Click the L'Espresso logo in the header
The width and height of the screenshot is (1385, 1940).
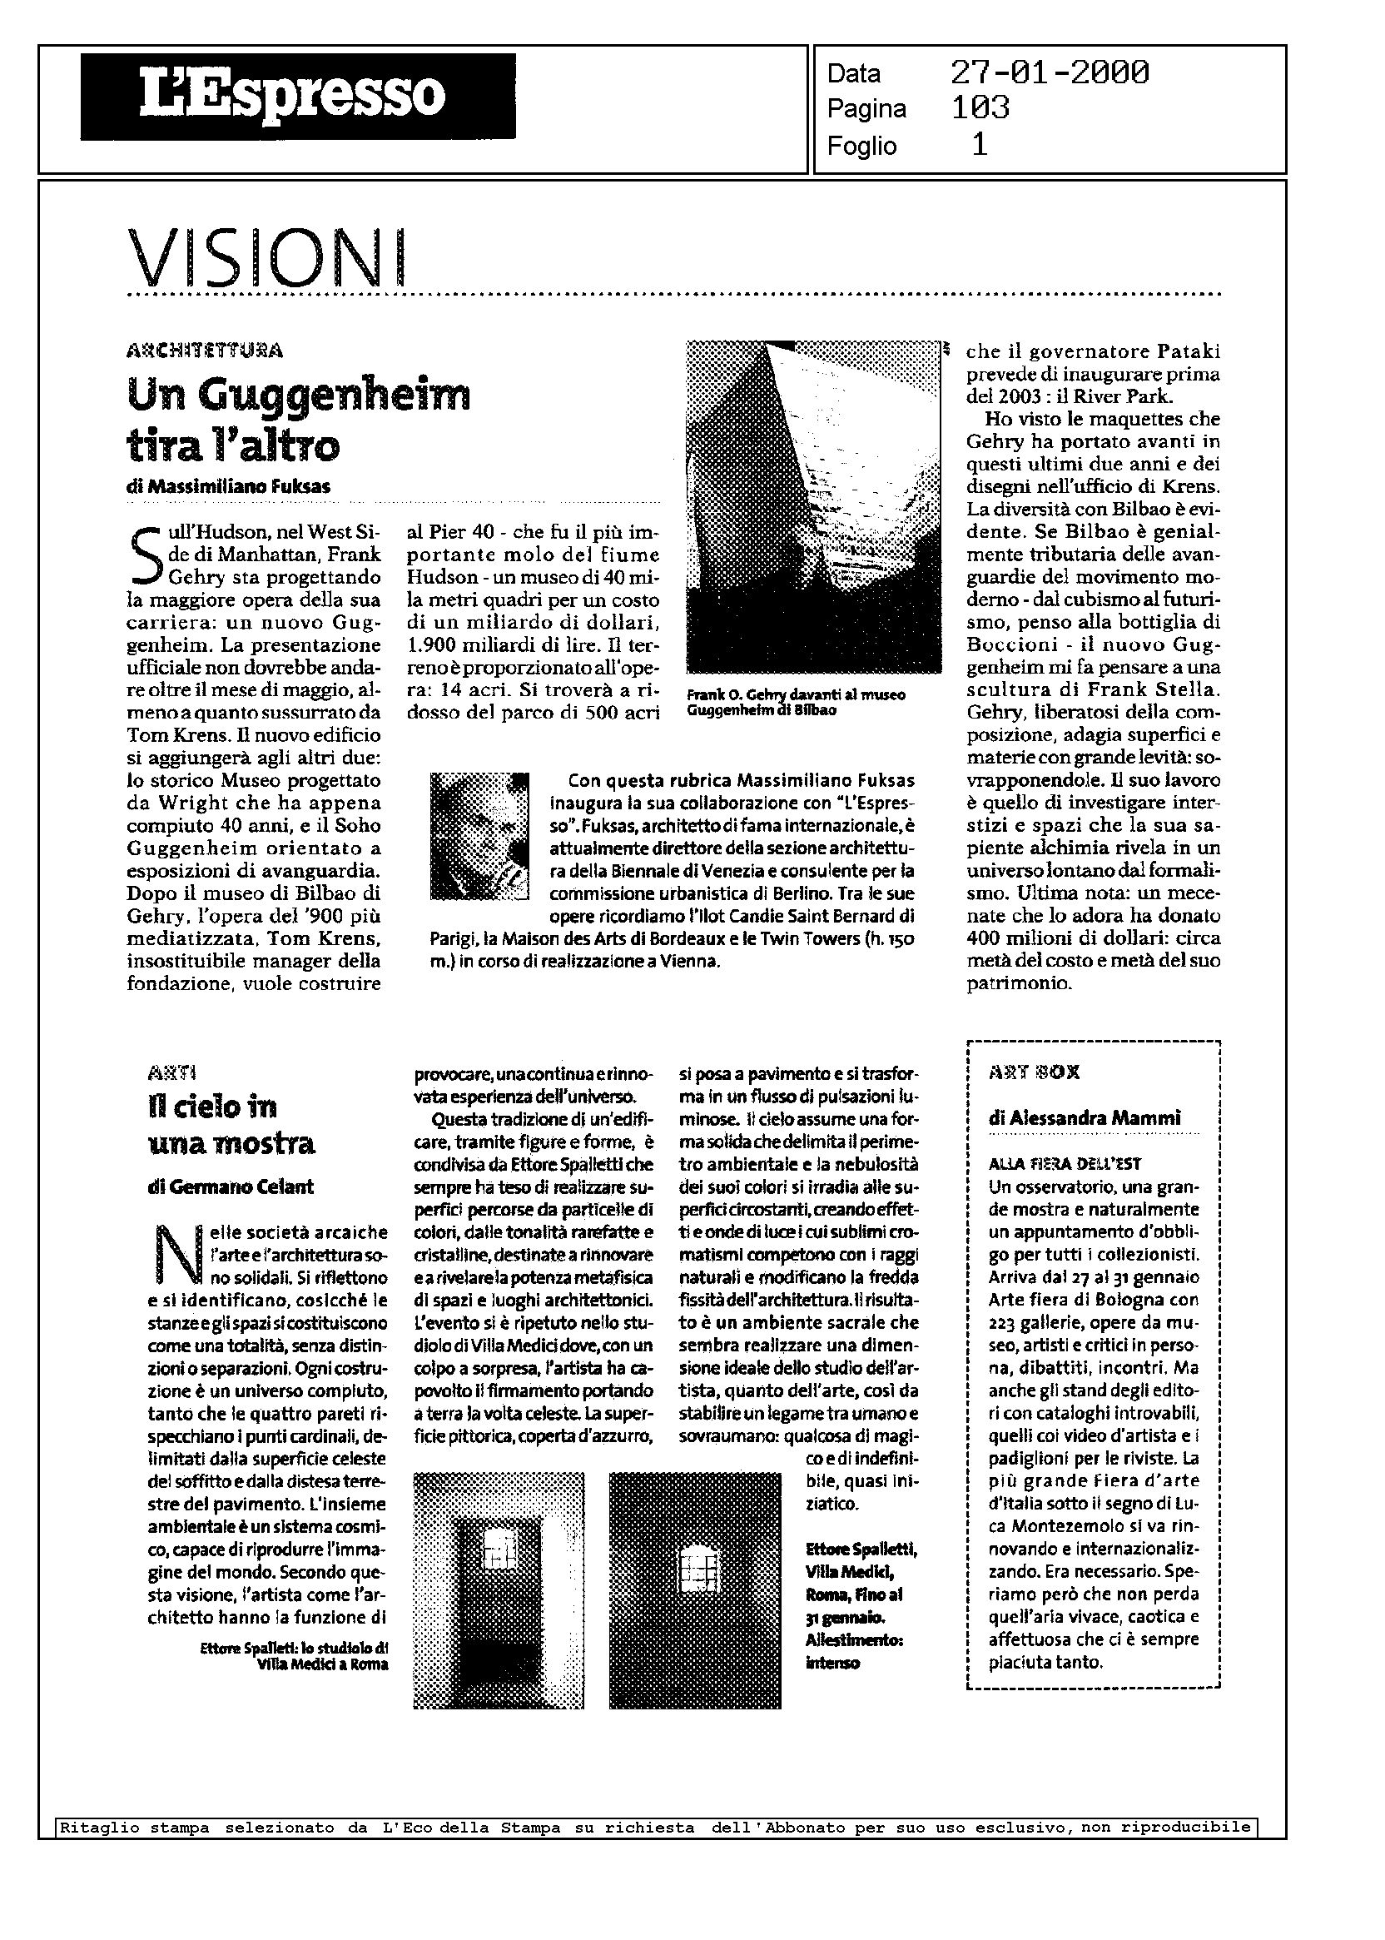[298, 96]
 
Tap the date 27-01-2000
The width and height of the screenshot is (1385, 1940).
[1049, 72]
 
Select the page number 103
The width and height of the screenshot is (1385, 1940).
[980, 108]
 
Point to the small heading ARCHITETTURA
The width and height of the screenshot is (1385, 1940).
[205, 350]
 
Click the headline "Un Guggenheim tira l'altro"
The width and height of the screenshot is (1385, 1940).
[298, 419]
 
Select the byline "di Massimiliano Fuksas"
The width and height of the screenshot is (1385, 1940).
[228, 486]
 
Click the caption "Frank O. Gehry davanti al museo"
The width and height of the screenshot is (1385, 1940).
[796, 695]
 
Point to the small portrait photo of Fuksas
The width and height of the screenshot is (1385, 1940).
[479, 836]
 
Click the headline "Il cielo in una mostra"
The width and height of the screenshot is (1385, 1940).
[231, 1124]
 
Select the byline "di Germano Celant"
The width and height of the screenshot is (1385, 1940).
[231, 1186]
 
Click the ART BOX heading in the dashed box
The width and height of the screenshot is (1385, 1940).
[1034, 1072]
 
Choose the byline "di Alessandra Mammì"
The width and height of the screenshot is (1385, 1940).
[1084, 1117]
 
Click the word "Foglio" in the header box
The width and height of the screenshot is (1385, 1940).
[861, 146]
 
